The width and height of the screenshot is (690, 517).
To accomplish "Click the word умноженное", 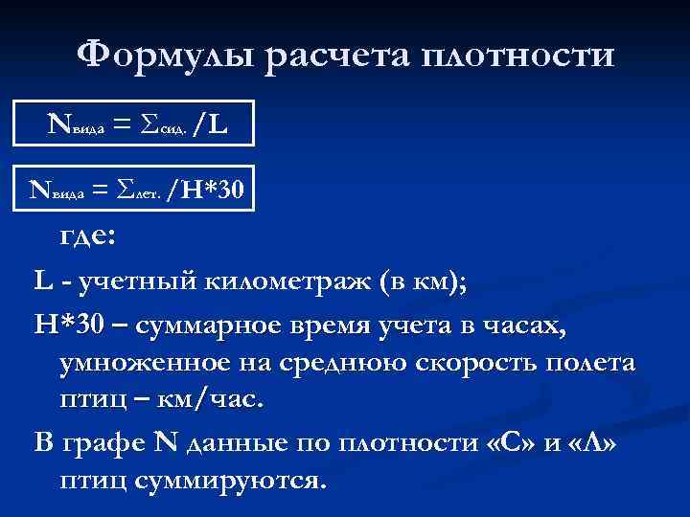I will pyautogui.click(x=136, y=364).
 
